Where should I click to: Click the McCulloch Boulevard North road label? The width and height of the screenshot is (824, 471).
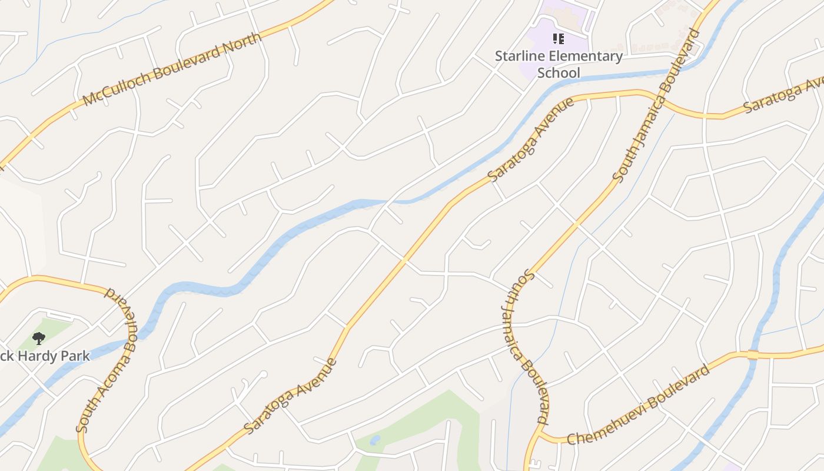172,69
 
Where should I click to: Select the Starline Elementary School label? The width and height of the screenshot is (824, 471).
559,64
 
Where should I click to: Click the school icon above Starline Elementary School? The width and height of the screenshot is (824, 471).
559,39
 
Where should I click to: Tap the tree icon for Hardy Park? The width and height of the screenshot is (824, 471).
39,338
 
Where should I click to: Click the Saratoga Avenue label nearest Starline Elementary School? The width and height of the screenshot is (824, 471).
531,140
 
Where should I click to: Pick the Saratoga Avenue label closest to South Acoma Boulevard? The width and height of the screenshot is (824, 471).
291,396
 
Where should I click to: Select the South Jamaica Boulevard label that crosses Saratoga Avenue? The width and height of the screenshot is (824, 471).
656,105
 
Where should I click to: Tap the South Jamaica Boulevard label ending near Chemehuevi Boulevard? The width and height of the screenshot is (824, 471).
526,347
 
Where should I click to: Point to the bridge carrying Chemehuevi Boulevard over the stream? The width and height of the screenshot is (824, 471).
753,354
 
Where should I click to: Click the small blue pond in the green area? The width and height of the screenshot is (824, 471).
375,440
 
